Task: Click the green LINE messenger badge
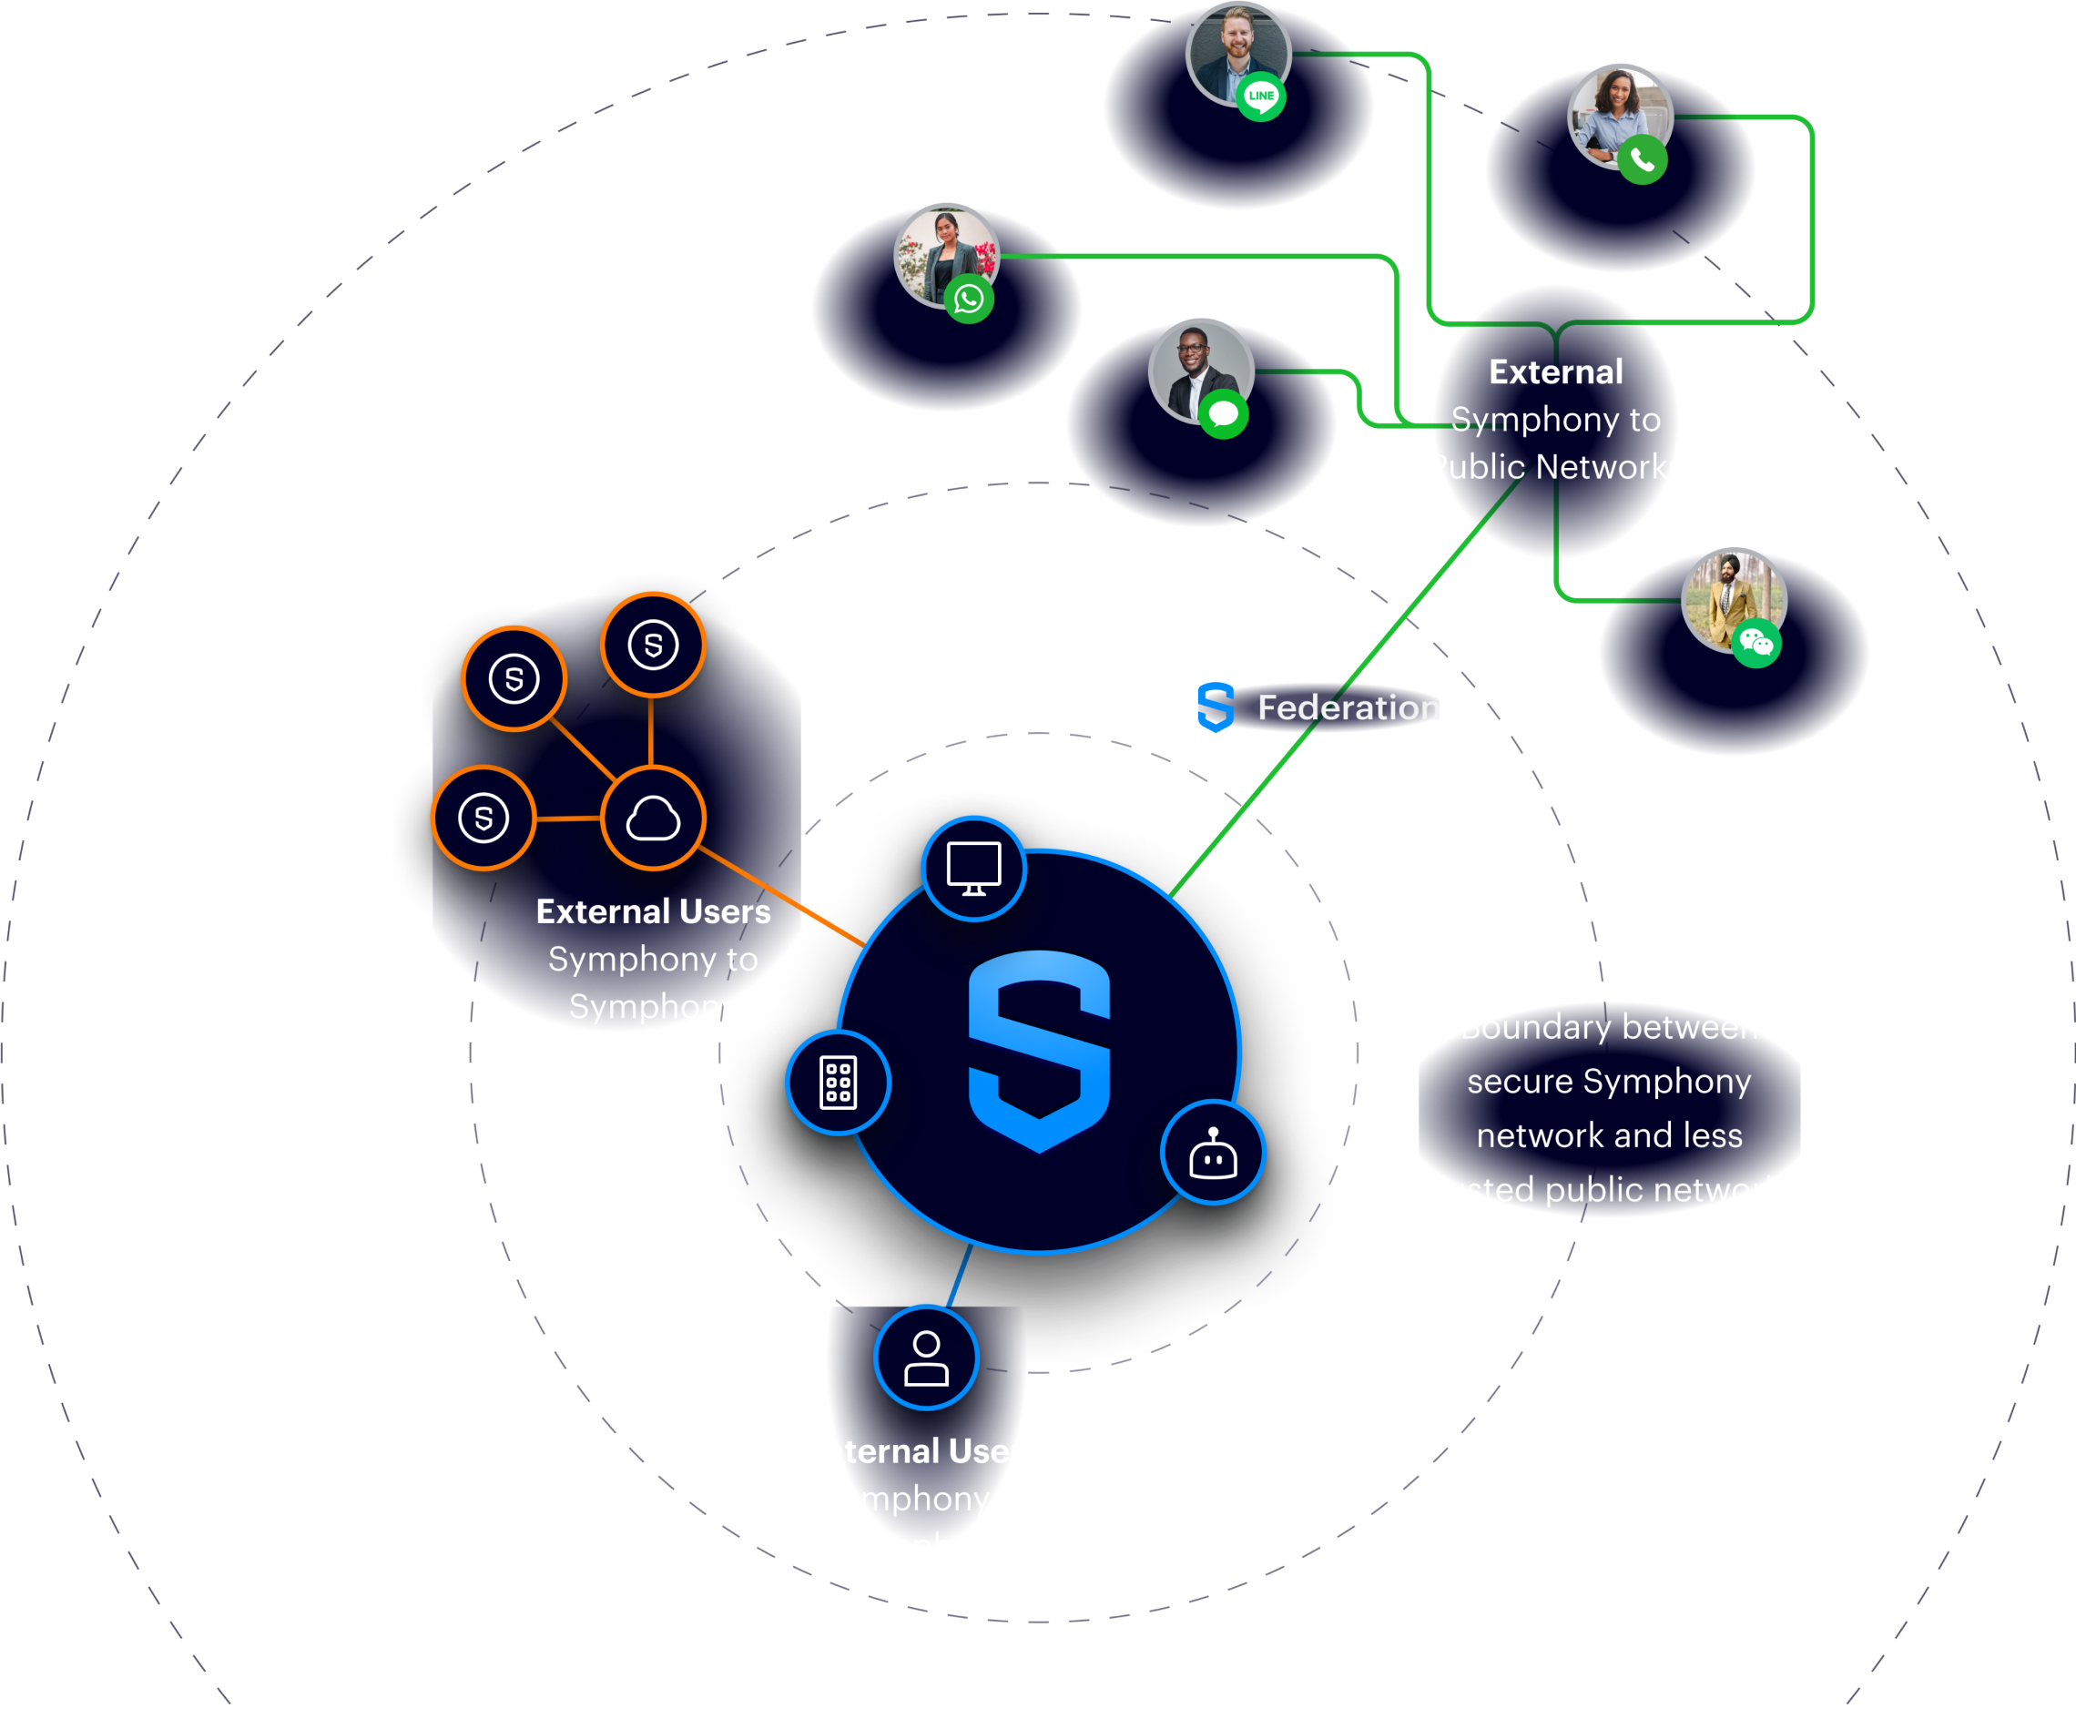pyautogui.click(x=1260, y=96)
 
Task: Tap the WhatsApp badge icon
pyautogui.click(x=969, y=299)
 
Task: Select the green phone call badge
pyautogui.click(x=1642, y=159)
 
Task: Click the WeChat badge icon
pyautogui.click(x=1755, y=644)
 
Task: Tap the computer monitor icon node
pyautogui.click(x=973, y=869)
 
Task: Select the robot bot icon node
pyautogui.click(x=1213, y=1153)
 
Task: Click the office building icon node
pyautogui.click(x=839, y=1083)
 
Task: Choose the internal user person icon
pyautogui.click(x=926, y=1358)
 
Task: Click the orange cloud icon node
pyautogui.click(x=653, y=818)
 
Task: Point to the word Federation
pyautogui.click(x=1348, y=707)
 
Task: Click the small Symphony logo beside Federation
pyautogui.click(x=1215, y=707)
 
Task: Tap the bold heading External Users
pyautogui.click(x=653, y=911)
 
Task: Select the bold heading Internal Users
pyautogui.click(x=926, y=1451)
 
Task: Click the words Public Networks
pyautogui.click(x=1555, y=466)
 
